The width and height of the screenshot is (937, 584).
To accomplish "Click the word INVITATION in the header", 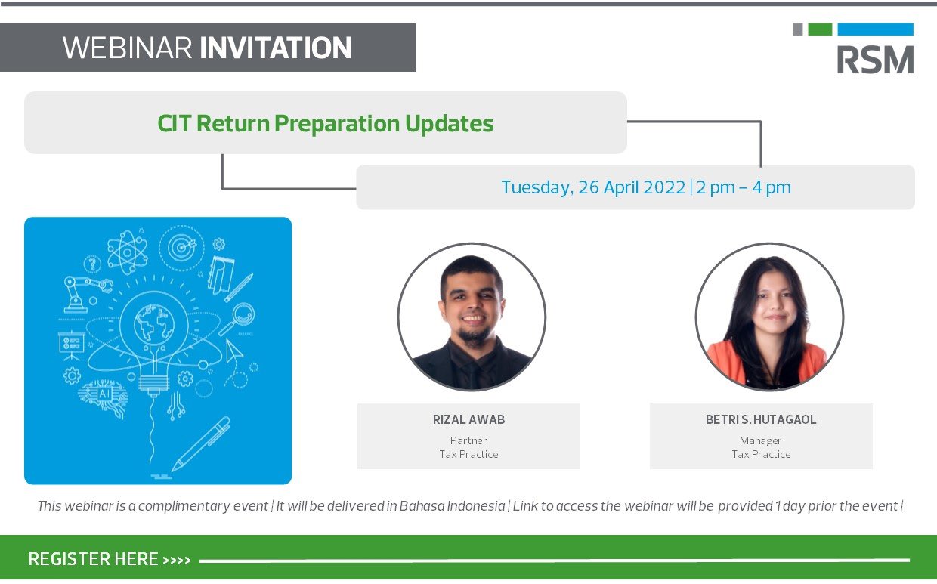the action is pos(276,48).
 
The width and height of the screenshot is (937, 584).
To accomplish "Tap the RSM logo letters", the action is pos(875,60).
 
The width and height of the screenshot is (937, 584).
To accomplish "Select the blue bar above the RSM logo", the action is pos(876,29).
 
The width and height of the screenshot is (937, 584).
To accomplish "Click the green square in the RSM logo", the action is pos(820,29).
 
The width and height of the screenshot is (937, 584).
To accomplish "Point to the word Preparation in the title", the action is pos(337,124).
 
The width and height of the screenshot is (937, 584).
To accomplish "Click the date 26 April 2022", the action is pos(632,187).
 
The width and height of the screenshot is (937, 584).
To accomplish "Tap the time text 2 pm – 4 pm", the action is pos(744,187).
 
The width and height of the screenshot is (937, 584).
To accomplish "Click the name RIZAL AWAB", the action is pos(468,419).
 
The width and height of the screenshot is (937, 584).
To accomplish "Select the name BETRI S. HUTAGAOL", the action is pos(761,419).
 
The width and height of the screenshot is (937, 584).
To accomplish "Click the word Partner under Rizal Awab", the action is pos(468,440).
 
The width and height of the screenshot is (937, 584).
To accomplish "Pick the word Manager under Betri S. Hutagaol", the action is pos(760,441).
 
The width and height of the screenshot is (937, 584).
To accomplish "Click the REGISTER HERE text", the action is pos(93,559).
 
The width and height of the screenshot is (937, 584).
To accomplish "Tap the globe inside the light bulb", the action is pos(154,323).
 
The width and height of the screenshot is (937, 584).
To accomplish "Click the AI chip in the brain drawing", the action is pos(104,394).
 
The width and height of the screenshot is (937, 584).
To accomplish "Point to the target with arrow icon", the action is pos(181,248).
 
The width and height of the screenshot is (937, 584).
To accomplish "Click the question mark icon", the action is pos(92,264).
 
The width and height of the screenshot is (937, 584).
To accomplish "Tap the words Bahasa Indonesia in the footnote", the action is pos(452,506).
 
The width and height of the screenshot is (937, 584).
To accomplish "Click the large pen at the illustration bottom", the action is pos(201,444).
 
